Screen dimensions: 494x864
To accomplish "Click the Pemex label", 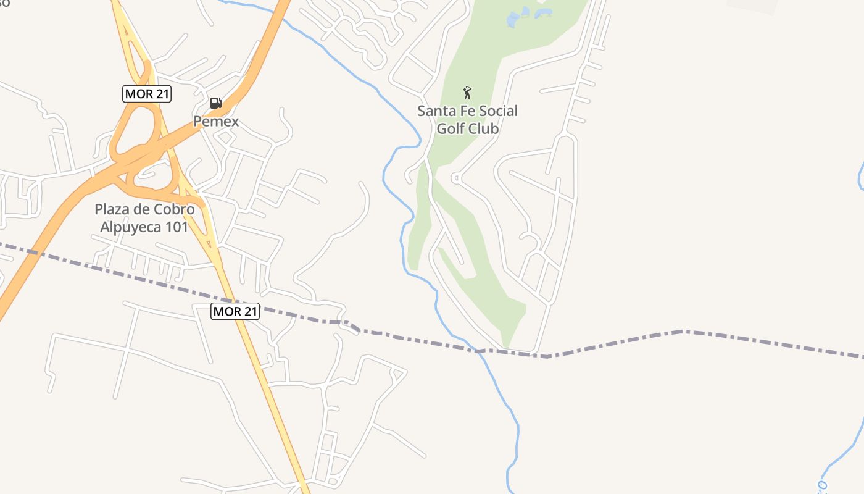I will coord(216,122).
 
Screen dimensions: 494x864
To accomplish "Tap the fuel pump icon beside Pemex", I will coord(215,103).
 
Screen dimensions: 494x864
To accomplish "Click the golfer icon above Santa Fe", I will coord(467,93).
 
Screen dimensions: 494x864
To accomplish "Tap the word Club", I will coord(483,128).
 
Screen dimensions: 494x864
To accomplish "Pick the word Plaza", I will coord(112,209).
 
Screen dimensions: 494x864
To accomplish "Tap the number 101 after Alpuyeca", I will coord(177,227).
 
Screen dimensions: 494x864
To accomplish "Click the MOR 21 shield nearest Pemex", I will coord(147,94).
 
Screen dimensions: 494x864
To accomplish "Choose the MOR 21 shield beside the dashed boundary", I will coord(235,311).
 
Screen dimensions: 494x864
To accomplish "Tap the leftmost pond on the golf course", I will coord(513,21).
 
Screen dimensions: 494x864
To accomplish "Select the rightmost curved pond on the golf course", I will coord(543,12).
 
